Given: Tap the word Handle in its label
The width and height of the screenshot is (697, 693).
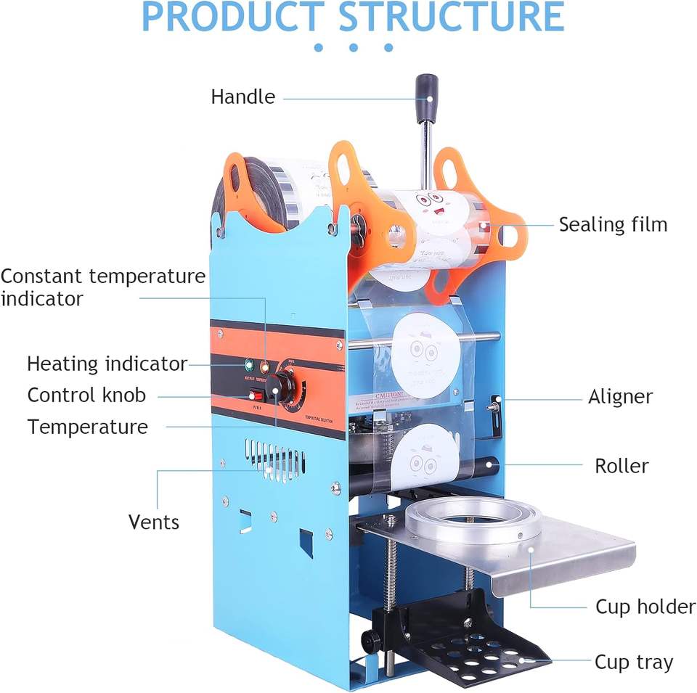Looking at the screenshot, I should pyautogui.click(x=243, y=97).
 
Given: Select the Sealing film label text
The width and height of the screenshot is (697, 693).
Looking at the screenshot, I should pyautogui.click(x=613, y=224).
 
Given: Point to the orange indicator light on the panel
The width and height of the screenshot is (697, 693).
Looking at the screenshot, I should pyautogui.click(x=264, y=368).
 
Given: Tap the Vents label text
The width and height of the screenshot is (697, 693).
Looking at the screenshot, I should pyautogui.click(x=153, y=521).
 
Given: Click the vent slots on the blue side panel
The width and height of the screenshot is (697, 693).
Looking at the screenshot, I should pyautogui.click(x=274, y=459).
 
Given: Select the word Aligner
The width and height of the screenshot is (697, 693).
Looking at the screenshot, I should pyautogui.click(x=620, y=397).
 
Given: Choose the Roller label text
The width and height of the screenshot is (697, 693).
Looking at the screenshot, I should pyautogui.click(x=621, y=465).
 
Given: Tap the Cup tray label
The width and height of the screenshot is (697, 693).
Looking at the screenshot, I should pyautogui.click(x=634, y=662).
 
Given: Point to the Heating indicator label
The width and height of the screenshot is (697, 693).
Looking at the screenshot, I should pyautogui.click(x=107, y=364).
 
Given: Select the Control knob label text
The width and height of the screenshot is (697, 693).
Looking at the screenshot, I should pyautogui.click(x=86, y=395).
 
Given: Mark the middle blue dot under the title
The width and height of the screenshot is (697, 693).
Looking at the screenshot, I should pyautogui.click(x=354, y=48).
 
